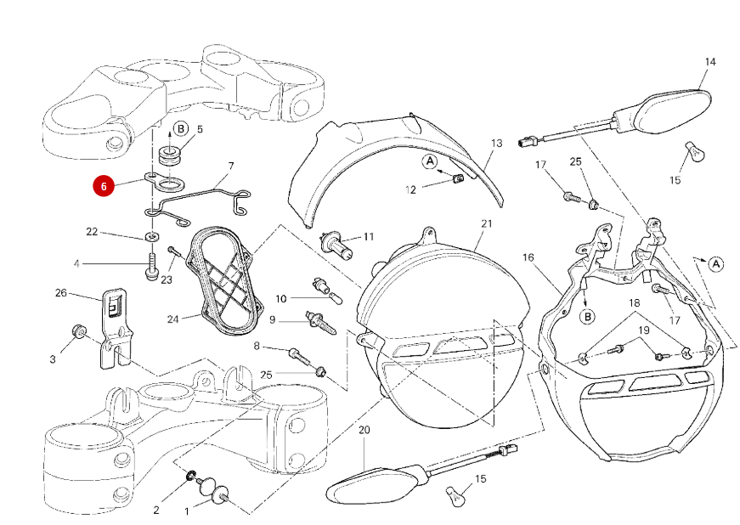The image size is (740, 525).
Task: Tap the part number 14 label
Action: [710, 62]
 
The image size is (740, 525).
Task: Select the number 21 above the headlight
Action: [486, 223]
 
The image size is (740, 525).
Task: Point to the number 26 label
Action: [60, 293]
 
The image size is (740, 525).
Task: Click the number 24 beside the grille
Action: [172, 320]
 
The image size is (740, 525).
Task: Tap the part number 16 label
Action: [528, 257]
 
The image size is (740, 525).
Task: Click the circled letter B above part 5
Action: [180, 129]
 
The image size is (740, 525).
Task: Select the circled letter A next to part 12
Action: [430, 161]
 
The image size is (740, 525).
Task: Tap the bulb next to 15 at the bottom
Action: [456, 494]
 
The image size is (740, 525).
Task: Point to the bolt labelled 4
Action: [152, 267]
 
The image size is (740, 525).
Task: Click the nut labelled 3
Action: [78, 331]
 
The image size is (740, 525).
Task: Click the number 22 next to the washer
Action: [92, 231]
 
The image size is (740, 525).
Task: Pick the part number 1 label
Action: [187, 512]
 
